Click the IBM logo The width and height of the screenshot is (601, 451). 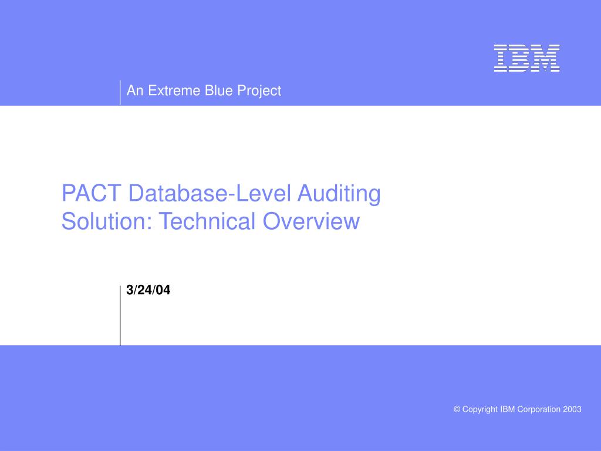pyautogui.click(x=526, y=58)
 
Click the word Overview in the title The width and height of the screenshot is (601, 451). pyautogui.click(x=310, y=221)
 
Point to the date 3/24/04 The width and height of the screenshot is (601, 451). pyautogui.click(x=148, y=290)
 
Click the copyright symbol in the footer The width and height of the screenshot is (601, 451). pyautogui.click(x=457, y=409)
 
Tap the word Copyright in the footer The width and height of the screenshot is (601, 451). pyautogui.click(x=480, y=410)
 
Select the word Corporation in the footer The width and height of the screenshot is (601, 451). pyautogui.click(x=538, y=409)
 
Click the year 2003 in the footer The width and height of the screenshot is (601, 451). pyautogui.click(x=572, y=409)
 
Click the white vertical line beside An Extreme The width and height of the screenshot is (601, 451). pyautogui.click(x=120, y=92)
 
